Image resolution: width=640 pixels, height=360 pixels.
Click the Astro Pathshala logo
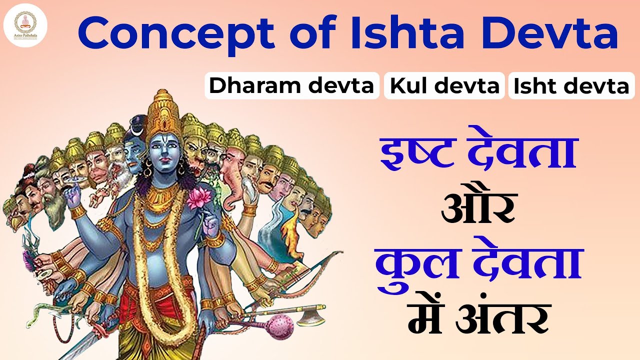(25, 25)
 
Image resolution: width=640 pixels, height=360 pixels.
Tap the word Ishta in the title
(390, 32)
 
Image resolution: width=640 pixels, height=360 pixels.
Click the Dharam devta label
(291, 86)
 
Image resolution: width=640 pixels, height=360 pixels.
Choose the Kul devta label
(444, 86)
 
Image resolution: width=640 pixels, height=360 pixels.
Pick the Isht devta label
(571, 86)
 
